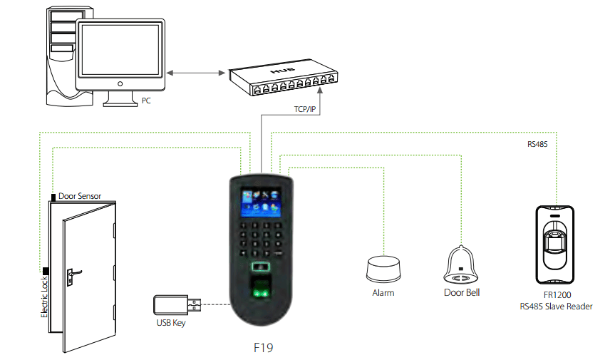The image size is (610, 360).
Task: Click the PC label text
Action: (146, 101)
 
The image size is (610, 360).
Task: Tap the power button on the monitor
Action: (120, 83)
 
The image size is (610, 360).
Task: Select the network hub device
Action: (283, 77)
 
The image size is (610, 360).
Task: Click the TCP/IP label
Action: (305, 109)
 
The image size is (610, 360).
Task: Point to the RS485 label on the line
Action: (537, 144)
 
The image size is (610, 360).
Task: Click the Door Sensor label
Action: (80, 196)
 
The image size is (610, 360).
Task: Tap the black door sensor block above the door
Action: (53, 197)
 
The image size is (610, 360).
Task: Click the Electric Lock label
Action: (45, 297)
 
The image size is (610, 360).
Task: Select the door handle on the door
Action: (73, 277)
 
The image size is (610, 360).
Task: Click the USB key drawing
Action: (177, 304)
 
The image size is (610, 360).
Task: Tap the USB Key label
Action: (171, 323)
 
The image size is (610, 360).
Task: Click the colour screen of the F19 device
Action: (261, 203)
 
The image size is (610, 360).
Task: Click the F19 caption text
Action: (264, 348)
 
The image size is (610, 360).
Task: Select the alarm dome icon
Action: (383, 269)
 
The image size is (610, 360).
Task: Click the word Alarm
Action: (383, 293)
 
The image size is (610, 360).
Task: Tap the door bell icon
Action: (461, 264)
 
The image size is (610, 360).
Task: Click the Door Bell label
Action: (462, 293)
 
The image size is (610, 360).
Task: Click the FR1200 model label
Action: (557, 295)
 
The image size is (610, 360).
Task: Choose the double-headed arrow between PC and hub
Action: (196, 73)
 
